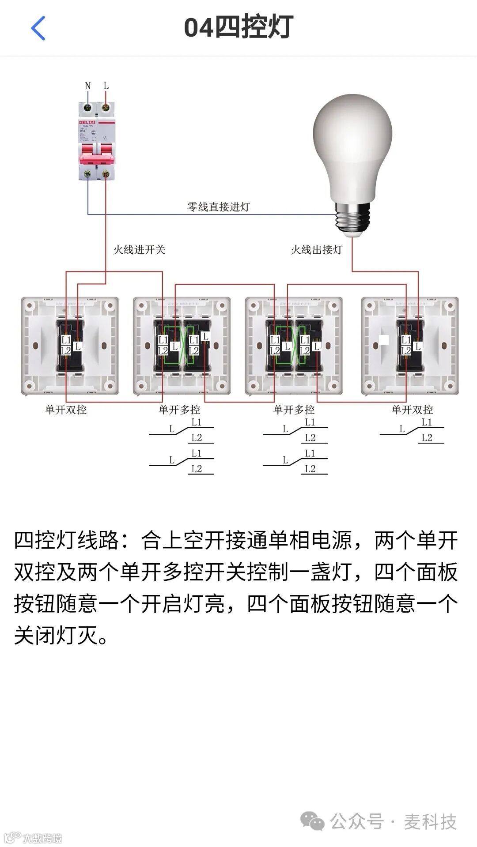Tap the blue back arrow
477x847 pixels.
(x=38, y=28)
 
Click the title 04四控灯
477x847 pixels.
(x=238, y=27)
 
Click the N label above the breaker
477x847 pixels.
(x=87, y=86)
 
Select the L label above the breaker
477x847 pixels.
(x=106, y=86)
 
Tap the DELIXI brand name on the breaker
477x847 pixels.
(x=87, y=122)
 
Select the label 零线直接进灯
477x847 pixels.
(x=218, y=207)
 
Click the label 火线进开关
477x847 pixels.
(x=139, y=250)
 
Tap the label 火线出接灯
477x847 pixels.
(x=316, y=250)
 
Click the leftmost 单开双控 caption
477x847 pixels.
(x=66, y=410)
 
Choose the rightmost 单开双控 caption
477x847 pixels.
(x=412, y=410)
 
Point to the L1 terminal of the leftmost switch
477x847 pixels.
(x=66, y=340)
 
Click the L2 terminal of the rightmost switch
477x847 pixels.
(x=406, y=351)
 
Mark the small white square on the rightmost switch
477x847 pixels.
(x=384, y=339)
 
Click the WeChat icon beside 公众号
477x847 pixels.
(x=312, y=821)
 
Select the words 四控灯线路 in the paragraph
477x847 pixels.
(x=67, y=541)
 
